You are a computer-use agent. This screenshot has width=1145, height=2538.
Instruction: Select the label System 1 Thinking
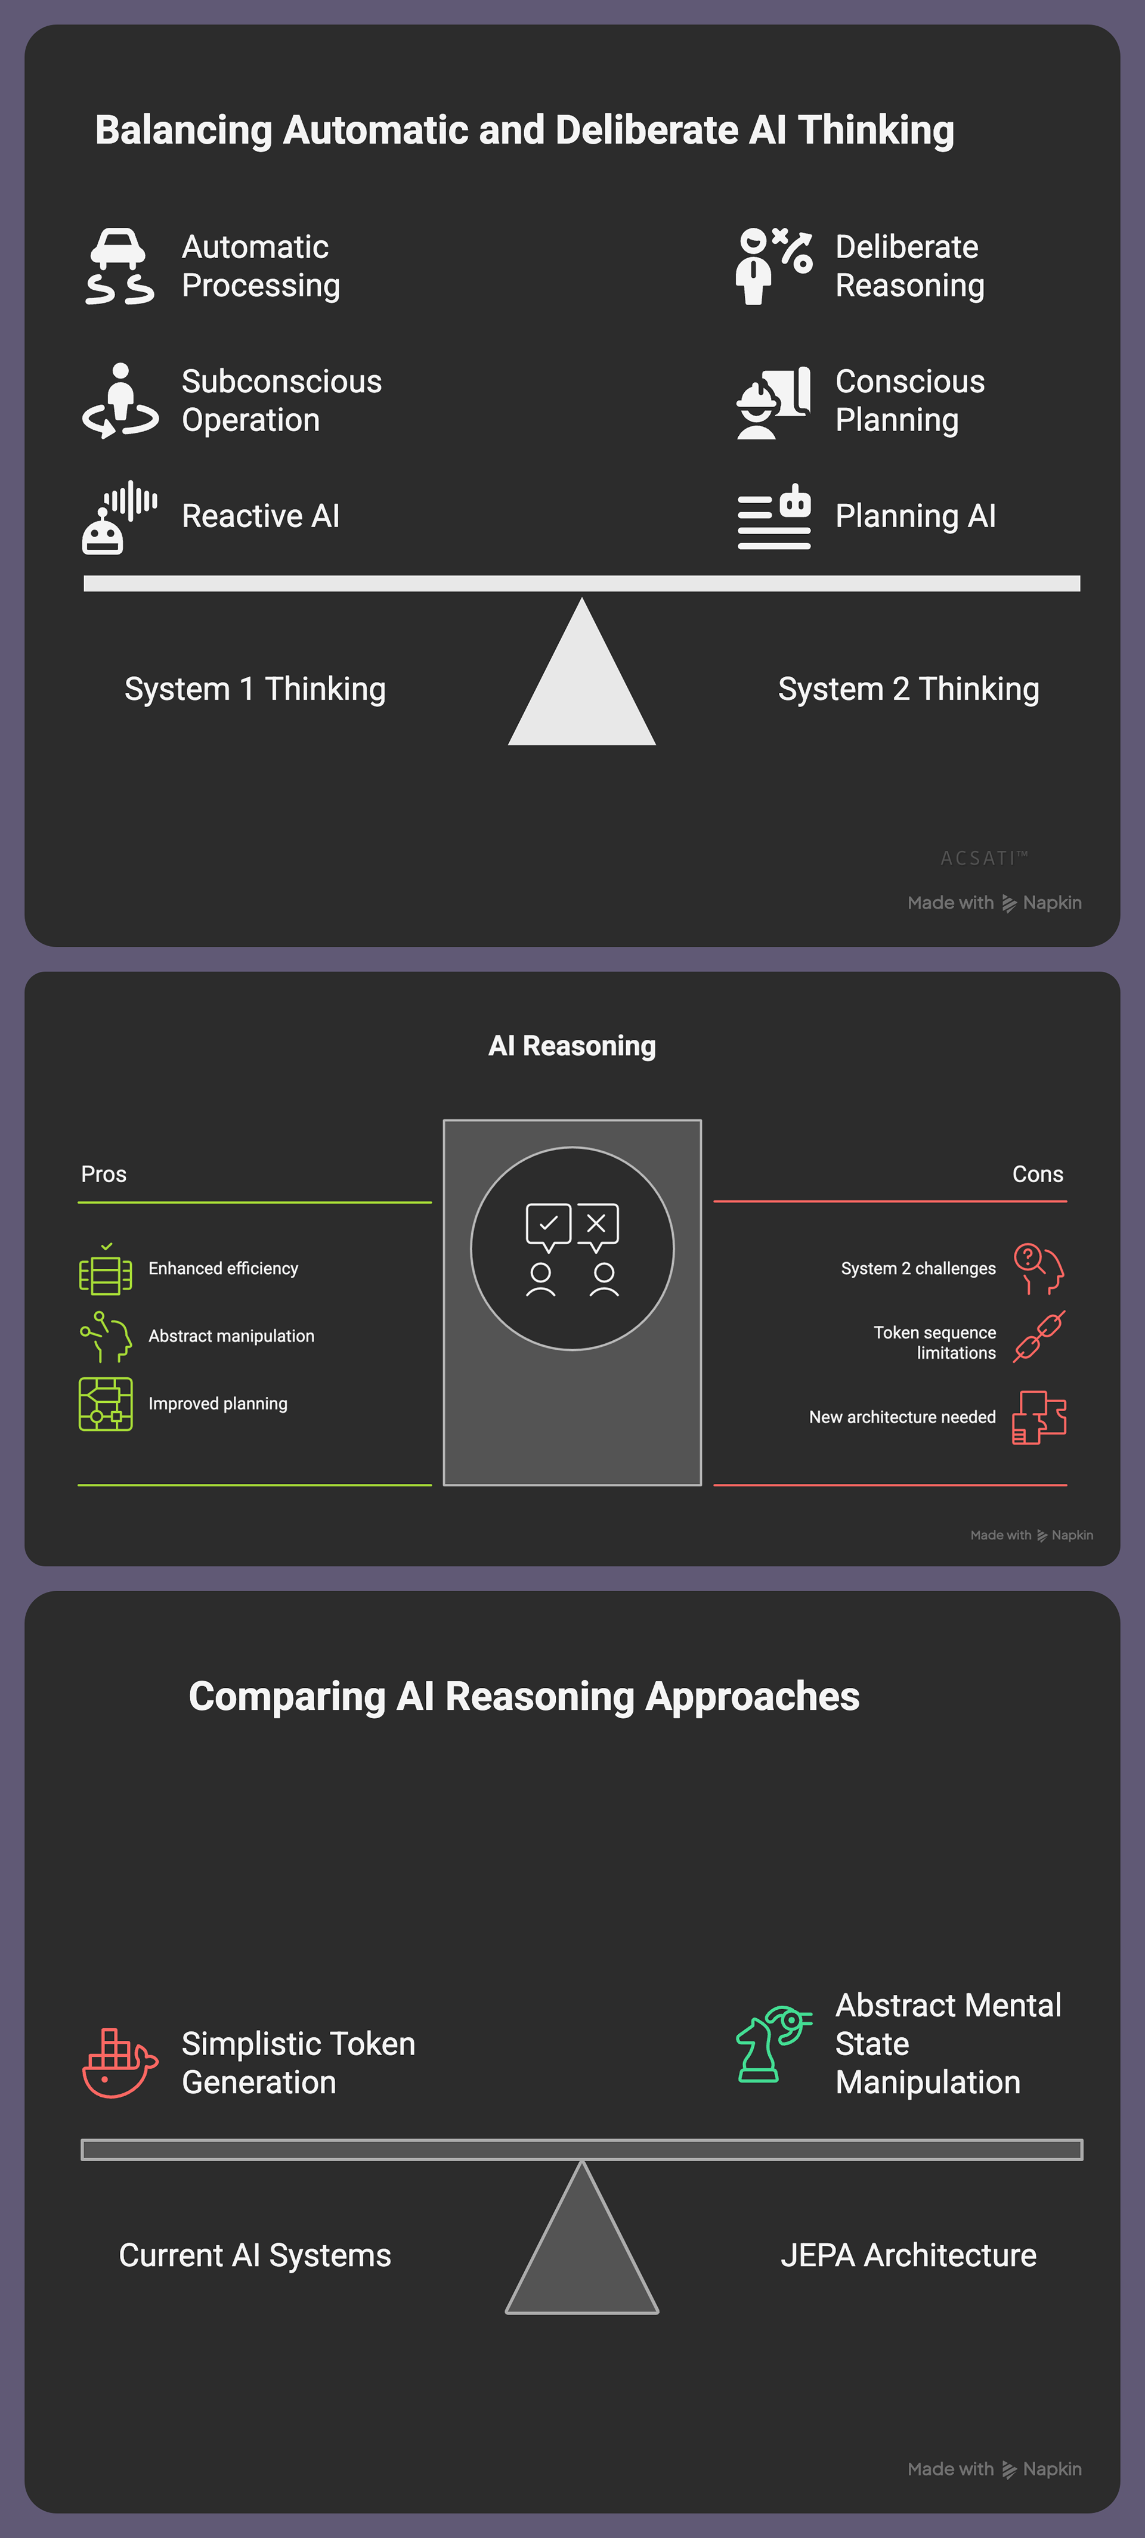coord(254,689)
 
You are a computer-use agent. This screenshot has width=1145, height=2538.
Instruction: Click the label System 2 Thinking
coord(908,689)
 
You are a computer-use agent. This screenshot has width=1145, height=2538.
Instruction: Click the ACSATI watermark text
coord(982,858)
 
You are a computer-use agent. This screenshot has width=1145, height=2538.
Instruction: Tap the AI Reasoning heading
coord(571,1045)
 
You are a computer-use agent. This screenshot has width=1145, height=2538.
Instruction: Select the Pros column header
coord(103,1173)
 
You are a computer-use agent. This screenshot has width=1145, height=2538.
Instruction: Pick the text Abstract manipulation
coord(231,1336)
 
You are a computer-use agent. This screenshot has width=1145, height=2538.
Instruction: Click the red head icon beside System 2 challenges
coord(1039,1268)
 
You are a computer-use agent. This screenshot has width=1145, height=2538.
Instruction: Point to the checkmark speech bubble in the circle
coord(548,1225)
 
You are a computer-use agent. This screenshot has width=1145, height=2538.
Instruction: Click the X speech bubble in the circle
coord(597,1225)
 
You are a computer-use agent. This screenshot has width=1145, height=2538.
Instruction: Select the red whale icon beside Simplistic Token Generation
coord(118,2062)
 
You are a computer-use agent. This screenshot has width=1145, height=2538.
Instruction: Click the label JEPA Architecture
coord(908,2255)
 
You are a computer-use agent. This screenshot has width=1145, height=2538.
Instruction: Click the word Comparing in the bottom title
coord(286,1697)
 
